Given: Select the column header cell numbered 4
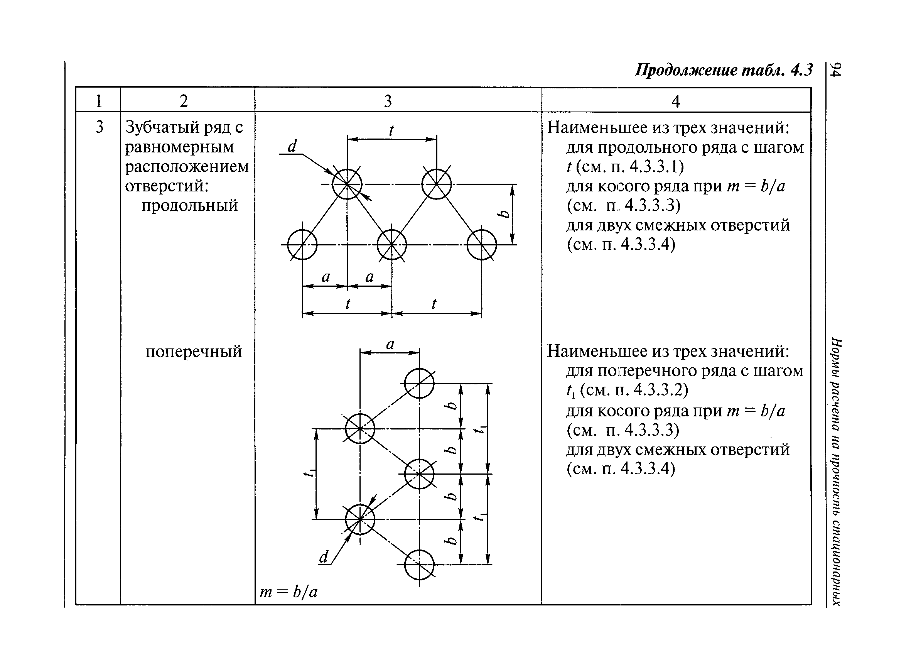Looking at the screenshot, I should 676,101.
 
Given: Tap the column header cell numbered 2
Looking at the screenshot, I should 184,100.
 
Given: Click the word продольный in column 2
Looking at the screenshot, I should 190,205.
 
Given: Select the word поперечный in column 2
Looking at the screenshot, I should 194,351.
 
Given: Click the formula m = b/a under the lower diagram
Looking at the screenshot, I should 288,591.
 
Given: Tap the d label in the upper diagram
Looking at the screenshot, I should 292,146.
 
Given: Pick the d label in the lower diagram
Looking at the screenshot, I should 323,558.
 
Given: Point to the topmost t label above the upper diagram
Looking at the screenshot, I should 391,131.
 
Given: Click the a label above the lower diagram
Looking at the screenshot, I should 390,344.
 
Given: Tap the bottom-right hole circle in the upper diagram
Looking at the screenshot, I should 482,244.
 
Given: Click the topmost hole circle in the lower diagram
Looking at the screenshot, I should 419,383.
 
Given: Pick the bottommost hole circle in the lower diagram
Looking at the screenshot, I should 419,565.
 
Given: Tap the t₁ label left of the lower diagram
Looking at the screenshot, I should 308,474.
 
